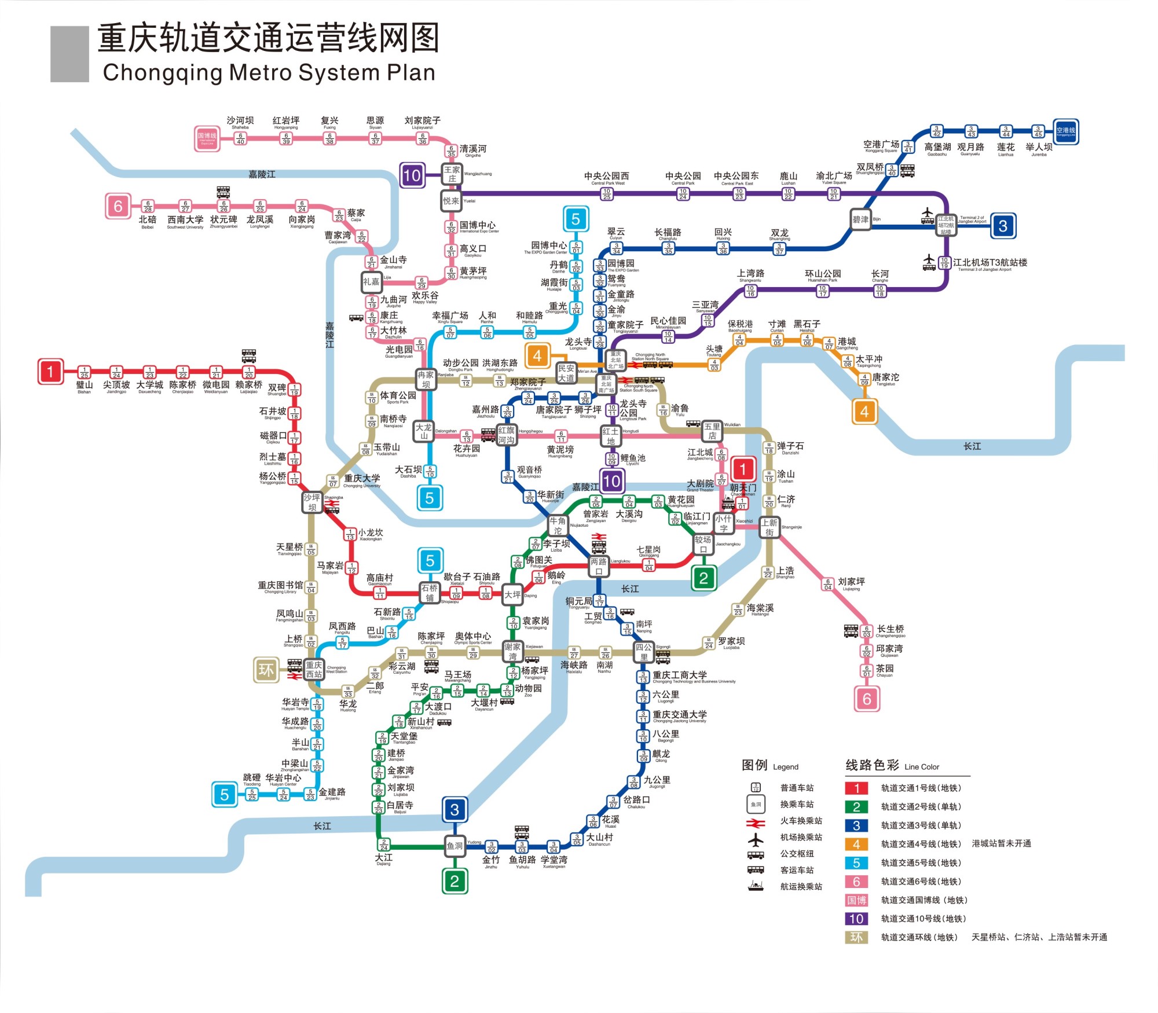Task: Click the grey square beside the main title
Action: click(69, 54)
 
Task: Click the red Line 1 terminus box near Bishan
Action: click(50, 372)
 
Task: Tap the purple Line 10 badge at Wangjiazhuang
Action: click(412, 175)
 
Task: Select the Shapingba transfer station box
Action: click(312, 502)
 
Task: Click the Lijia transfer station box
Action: click(371, 282)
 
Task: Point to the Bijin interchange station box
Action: click(860, 219)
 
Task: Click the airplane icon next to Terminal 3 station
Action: click(929, 262)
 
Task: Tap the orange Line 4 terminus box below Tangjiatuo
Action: click(864, 412)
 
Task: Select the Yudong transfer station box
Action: click(455, 846)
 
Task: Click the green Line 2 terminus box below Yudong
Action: click(455, 882)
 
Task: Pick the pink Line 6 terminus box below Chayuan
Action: click(867, 699)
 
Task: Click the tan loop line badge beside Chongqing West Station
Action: click(266, 670)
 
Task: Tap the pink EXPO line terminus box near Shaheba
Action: click(207, 138)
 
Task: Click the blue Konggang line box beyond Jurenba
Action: click(1065, 131)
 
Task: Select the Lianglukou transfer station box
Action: click(599, 566)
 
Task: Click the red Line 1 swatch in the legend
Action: click(856, 788)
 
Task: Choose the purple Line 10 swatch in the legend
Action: click(856, 919)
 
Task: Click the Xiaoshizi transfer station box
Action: click(724, 523)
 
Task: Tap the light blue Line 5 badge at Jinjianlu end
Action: click(224, 795)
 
